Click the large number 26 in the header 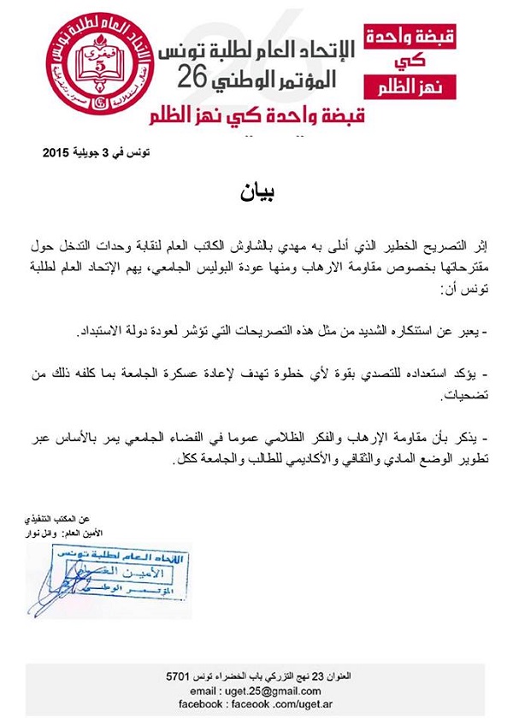(199, 80)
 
